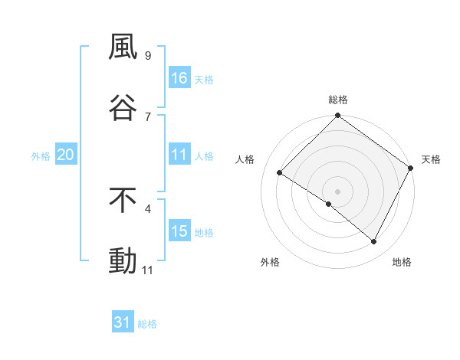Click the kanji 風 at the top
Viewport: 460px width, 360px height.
tap(123, 47)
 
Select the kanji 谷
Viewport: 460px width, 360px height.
tap(123, 107)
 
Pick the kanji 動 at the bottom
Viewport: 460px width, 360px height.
tap(123, 260)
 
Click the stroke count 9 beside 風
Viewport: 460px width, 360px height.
tap(147, 56)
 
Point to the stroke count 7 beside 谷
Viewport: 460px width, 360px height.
tap(147, 116)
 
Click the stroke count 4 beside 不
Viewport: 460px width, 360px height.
tap(147, 208)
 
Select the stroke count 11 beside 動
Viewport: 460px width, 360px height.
tap(148, 270)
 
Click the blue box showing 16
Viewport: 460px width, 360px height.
tap(179, 78)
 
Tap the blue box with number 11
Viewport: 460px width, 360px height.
tap(179, 155)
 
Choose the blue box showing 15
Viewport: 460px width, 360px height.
tap(179, 231)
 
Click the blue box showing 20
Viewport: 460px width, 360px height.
tap(65, 155)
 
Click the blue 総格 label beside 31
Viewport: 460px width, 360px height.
tap(147, 324)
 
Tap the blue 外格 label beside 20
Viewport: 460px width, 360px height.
tap(41, 156)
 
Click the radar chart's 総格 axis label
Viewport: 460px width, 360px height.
tap(337, 100)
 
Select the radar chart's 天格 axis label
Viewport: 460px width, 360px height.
tap(431, 160)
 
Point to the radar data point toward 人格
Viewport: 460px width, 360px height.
tap(280, 173)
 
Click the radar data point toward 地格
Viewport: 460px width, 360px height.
tap(374, 242)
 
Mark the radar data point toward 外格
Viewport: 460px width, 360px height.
tap(329, 204)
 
